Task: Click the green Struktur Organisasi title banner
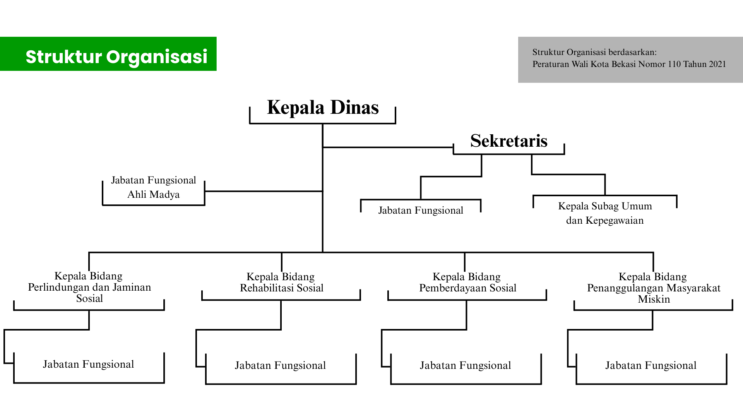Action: coord(108,54)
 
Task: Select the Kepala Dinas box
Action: coord(323,108)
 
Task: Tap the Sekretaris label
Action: coord(508,141)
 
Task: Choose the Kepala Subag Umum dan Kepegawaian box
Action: coord(605,213)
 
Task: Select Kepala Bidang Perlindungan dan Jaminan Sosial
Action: coord(89,287)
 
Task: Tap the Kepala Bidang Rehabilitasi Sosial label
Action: coord(281,283)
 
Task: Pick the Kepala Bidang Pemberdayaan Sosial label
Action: coord(467,283)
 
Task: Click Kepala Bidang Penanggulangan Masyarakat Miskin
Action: coord(654,288)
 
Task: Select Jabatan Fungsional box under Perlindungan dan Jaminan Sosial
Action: coord(89,365)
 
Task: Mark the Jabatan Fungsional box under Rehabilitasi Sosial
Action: coord(281,366)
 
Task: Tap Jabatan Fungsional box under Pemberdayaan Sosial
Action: coord(466,366)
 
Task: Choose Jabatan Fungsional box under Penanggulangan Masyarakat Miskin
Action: coord(651,366)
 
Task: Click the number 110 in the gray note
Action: coord(674,64)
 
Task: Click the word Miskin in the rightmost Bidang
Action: coord(654,299)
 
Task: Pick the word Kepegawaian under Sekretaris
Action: coord(615,221)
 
